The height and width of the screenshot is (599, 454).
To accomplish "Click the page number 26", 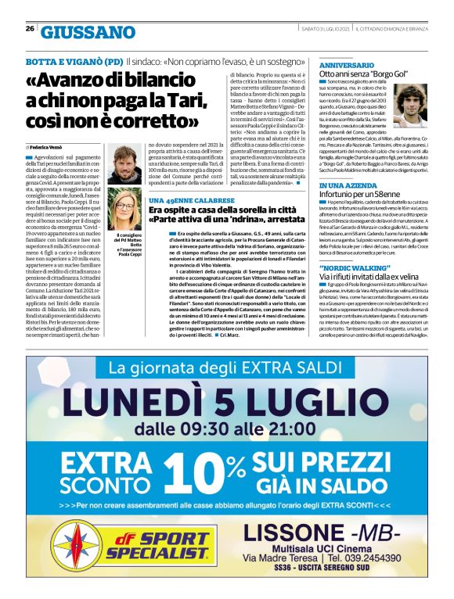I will (30, 28).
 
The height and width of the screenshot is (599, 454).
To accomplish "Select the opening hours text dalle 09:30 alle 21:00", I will (226, 429).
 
